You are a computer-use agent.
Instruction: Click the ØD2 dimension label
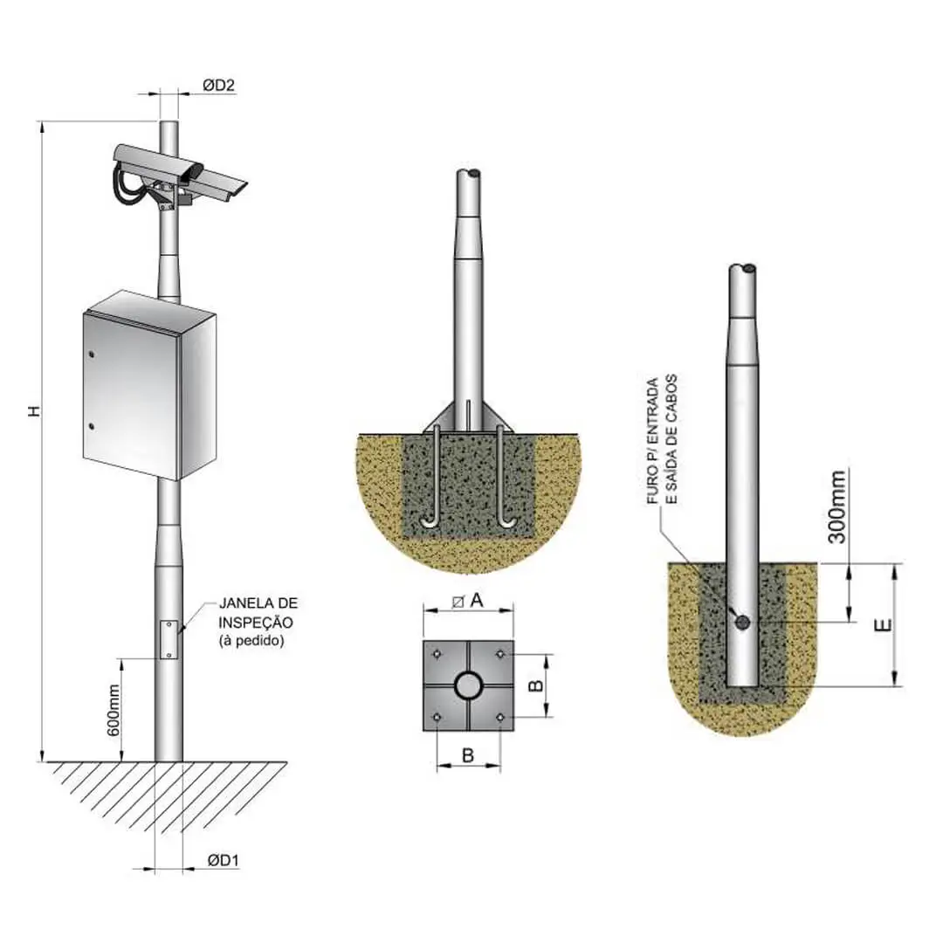point(218,86)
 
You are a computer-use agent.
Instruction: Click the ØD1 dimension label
point(224,861)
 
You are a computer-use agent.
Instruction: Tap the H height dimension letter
point(36,410)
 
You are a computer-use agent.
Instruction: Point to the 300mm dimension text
point(836,507)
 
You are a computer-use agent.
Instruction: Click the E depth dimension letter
point(883,625)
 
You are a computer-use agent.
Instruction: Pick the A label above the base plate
point(477,600)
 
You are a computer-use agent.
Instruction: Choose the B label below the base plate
point(468,755)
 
